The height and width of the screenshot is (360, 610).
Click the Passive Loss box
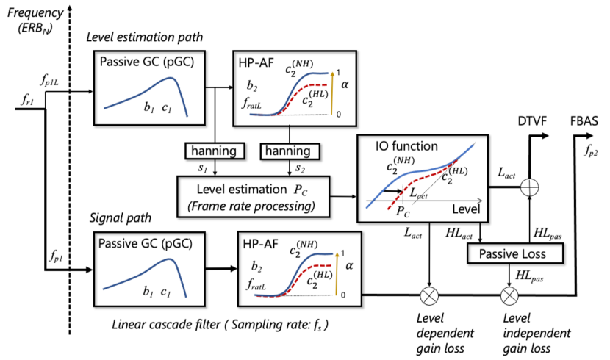515,254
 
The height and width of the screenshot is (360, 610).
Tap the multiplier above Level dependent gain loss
428,296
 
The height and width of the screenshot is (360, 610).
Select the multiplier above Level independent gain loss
509,296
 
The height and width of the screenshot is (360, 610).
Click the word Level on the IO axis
465,209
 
